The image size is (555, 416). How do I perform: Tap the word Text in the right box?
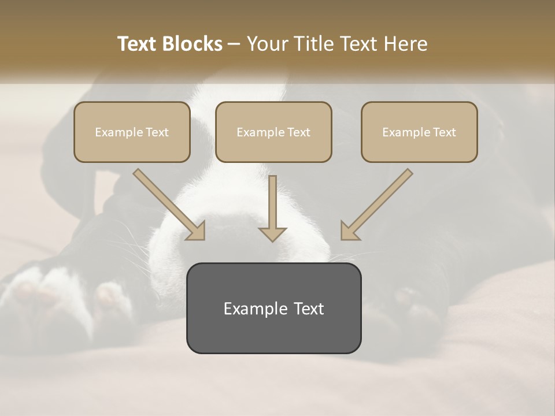[444, 132]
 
